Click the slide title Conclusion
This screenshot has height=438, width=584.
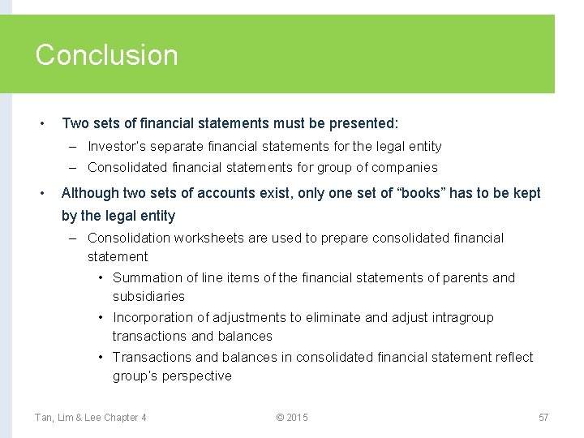point(106,55)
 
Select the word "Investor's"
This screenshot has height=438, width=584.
point(118,147)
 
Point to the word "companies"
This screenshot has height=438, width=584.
point(408,168)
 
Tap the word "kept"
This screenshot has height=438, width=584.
point(526,193)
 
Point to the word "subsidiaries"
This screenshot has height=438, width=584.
point(148,296)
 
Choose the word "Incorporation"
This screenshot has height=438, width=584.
point(152,317)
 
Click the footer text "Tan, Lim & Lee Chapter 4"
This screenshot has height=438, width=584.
point(90,418)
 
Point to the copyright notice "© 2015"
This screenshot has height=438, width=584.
point(292,418)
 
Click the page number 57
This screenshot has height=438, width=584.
point(543,418)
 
